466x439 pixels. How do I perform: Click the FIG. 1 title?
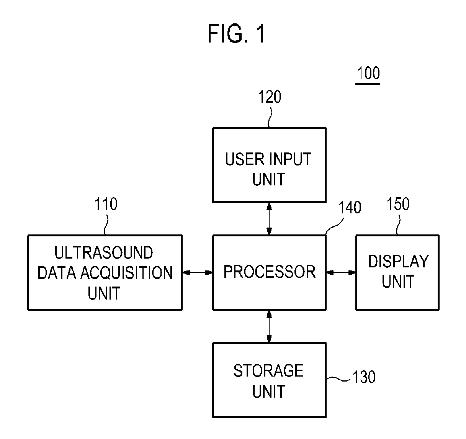236,34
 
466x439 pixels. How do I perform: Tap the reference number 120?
270,97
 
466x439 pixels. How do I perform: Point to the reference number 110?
106,204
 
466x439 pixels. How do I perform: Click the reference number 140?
350,207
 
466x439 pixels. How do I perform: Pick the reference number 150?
398,204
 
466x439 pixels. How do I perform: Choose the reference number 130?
364,377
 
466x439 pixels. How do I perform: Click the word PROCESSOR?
269,272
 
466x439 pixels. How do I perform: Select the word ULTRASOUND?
104,252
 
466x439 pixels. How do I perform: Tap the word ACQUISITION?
126,273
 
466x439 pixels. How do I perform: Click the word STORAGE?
268,371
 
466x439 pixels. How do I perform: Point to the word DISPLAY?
398,261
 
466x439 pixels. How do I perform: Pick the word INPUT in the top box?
290,159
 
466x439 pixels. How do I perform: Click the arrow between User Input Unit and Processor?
269,219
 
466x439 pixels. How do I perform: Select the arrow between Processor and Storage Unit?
269,326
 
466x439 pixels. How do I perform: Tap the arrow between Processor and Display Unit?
341,272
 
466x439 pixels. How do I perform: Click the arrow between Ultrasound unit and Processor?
197,272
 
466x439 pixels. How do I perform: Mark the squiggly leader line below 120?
270,117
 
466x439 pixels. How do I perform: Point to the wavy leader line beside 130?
338,379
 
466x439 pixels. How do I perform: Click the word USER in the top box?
245,159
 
